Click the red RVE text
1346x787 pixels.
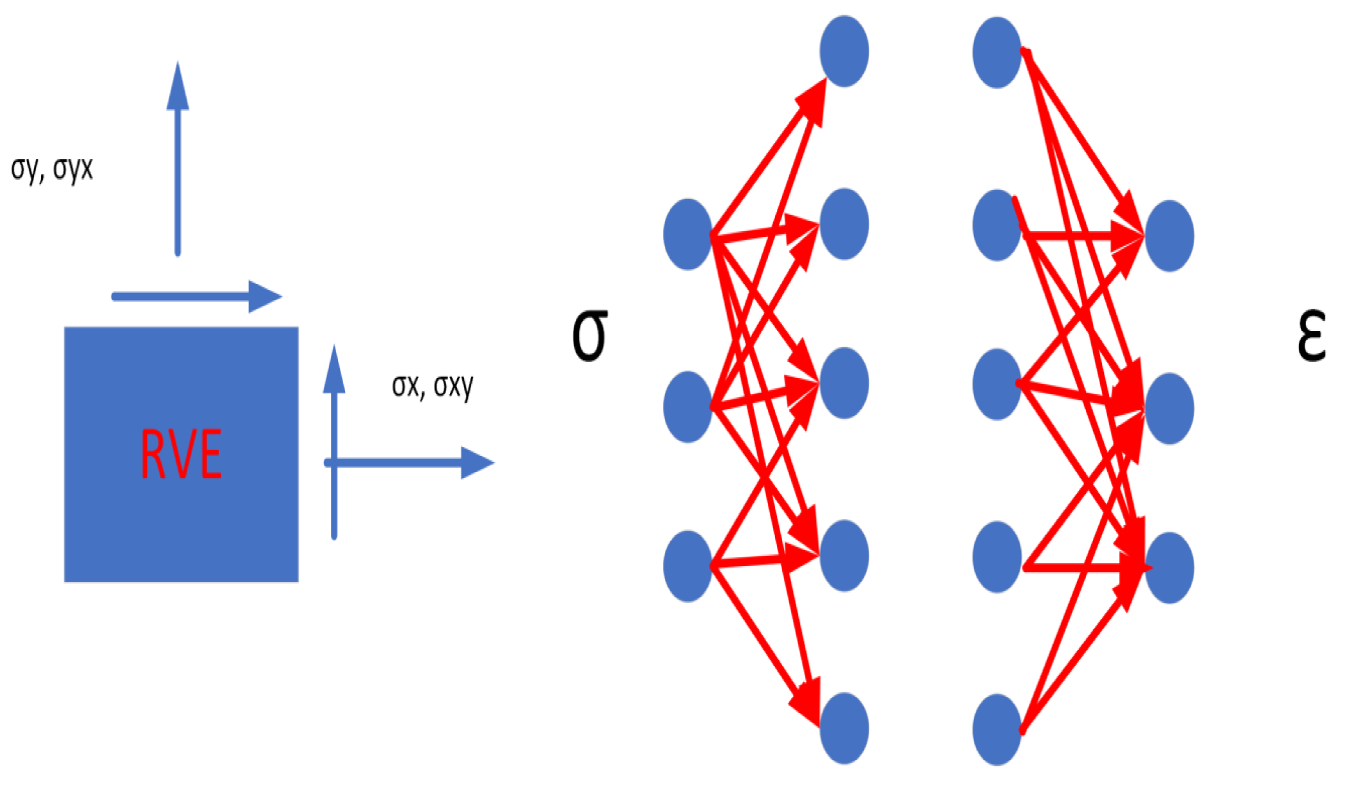pos(182,454)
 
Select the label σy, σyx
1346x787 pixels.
pos(52,169)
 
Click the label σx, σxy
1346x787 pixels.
pos(433,386)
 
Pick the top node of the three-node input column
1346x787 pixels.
pos(687,234)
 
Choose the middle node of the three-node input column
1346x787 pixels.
pos(687,407)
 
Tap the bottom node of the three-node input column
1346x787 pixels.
pos(687,566)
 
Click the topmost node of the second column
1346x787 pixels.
pos(844,52)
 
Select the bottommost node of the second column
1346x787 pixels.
pos(844,728)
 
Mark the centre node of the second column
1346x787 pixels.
pos(844,383)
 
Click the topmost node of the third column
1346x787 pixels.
pos(997,52)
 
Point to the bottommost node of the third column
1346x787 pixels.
pos(997,730)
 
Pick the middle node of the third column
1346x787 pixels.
pos(997,384)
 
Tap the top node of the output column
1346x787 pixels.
pos(1170,236)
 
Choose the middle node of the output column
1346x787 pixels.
pos(1170,408)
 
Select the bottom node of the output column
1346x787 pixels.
pos(1170,567)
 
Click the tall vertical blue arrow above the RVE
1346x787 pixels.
pos(178,161)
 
